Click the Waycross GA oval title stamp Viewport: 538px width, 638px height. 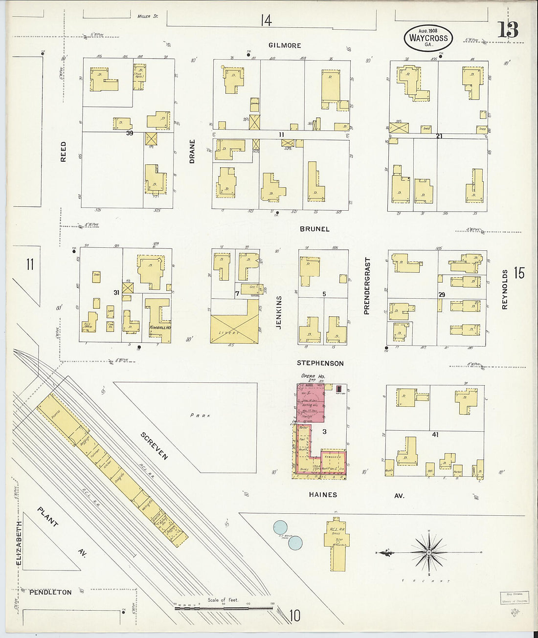tap(428, 38)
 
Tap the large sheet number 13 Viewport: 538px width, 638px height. tap(508, 30)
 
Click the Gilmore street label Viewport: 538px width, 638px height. tap(285, 45)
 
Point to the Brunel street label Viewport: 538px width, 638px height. tap(314, 229)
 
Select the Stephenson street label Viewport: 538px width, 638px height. tap(320, 363)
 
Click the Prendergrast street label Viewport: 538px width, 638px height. tap(367, 286)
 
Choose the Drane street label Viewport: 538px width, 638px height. tap(192, 151)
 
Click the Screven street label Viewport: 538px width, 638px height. tap(154, 446)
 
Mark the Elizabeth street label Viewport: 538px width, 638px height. tap(19, 543)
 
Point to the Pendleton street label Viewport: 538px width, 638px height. tap(50, 592)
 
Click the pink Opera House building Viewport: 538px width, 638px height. tap(311, 403)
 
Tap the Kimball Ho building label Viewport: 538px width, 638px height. tap(160, 328)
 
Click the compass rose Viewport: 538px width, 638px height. tap(428, 552)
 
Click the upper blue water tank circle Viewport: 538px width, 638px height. tap(280, 527)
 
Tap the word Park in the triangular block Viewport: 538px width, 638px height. tap(200, 416)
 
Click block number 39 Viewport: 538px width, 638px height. tap(129, 132)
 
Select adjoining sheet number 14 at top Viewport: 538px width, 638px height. tap(266, 20)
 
